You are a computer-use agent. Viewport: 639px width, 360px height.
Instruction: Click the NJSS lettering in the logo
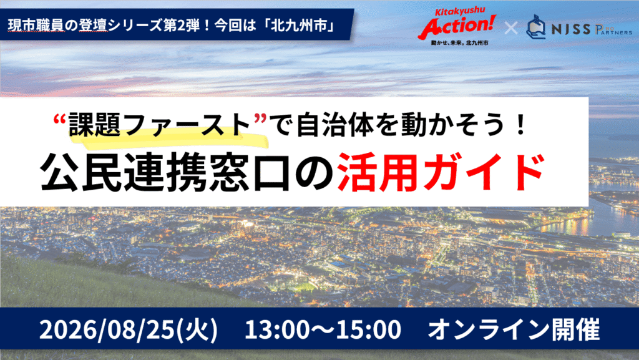coord(570,29)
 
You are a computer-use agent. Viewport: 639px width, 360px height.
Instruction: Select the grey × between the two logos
coord(510,28)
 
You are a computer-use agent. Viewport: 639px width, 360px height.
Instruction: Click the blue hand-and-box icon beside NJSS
coord(536,27)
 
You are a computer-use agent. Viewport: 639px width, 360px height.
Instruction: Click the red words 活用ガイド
coord(441,172)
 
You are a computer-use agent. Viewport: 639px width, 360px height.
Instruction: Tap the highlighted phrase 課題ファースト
coord(159,125)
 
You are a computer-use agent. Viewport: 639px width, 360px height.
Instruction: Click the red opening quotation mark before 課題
coord(61,119)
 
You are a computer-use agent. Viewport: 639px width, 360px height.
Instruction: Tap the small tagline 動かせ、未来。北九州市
coord(460,42)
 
